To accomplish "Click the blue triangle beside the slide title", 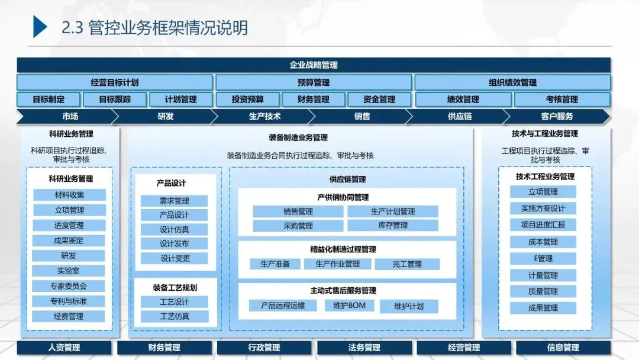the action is pyautogui.click(x=40, y=27).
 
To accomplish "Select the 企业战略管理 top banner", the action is pyautogui.click(x=314, y=65).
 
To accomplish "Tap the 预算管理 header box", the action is pyautogui.click(x=314, y=82).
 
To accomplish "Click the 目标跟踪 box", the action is pyautogui.click(x=115, y=99).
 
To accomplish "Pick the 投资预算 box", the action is pyautogui.click(x=248, y=99).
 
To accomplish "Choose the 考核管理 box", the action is pyautogui.click(x=561, y=99).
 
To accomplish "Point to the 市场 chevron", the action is pyautogui.click(x=70, y=117).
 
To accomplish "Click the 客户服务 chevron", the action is pyautogui.click(x=557, y=117).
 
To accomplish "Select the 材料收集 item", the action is pyautogui.click(x=69, y=195).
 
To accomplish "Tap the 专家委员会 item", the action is pyautogui.click(x=69, y=286).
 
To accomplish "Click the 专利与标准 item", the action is pyautogui.click(x=69, y=301).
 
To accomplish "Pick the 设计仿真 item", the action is pyautogui.click(x=175, y=229).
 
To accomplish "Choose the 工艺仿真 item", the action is pyautogui.click(x=175, y=316).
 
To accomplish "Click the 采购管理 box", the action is pyautogui.click(x=298, y=226).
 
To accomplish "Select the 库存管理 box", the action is pyautogui.click(x=393, y=226).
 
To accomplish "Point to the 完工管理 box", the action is pyautogui.click(x=407, y=264).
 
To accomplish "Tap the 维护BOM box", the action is pyautogui.click(x=349, y=306).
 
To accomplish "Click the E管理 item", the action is pyautogui.click(x=543, y=259).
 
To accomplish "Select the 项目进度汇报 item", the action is pyautogui.click(x=543, y=225).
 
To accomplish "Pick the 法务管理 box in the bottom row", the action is pyautogui.click(x=364, y=348).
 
